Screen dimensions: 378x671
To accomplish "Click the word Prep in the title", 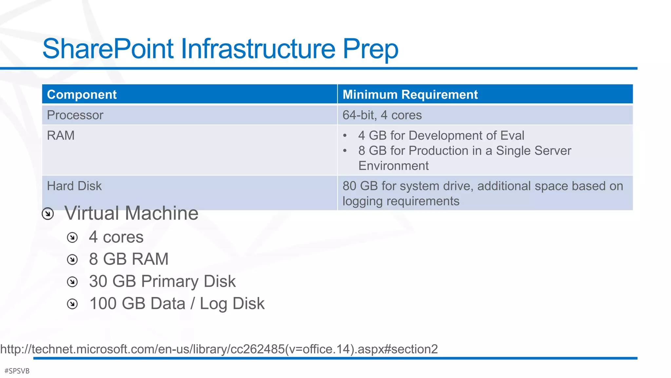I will point(370,49).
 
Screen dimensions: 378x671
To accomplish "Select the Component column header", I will point(82,94).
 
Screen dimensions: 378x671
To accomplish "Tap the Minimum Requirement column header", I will point(410,94).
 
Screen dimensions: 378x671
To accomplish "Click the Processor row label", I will point(75,115).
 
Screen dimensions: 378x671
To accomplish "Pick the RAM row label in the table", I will point(61,136).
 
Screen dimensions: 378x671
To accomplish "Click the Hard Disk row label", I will point(74,186).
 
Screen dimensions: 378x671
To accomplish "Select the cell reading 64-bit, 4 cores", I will point(382,115).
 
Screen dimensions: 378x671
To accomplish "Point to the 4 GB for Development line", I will point(441,136).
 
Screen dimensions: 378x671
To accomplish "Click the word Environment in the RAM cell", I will point(393,166).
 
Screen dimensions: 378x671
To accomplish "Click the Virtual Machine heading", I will point(131,213).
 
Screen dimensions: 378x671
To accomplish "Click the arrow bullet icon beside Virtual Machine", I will point(48,214).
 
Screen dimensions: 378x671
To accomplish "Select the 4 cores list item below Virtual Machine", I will point(116,237).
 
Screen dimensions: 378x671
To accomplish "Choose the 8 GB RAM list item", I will point(129,259).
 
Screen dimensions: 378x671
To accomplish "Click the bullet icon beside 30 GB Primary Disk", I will point(72,282).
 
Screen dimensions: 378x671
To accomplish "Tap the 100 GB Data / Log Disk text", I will point(177,304).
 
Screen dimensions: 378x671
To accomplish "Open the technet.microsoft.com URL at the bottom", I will point(219,349).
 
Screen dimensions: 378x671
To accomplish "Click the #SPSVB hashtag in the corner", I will point(17,371).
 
